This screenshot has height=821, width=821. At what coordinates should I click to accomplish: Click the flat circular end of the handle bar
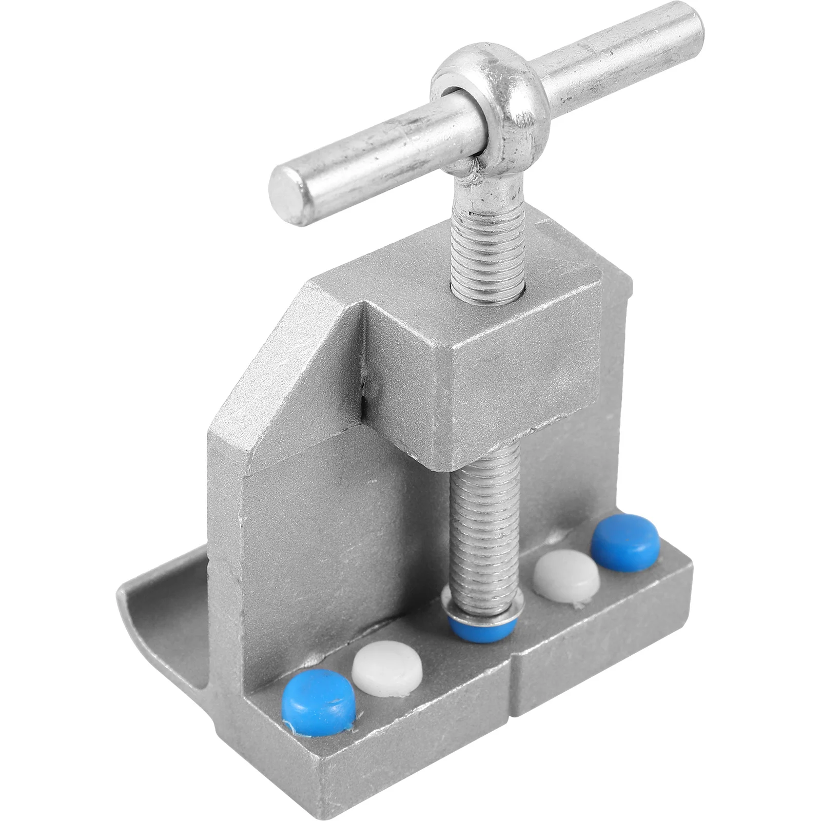point(288,198)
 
